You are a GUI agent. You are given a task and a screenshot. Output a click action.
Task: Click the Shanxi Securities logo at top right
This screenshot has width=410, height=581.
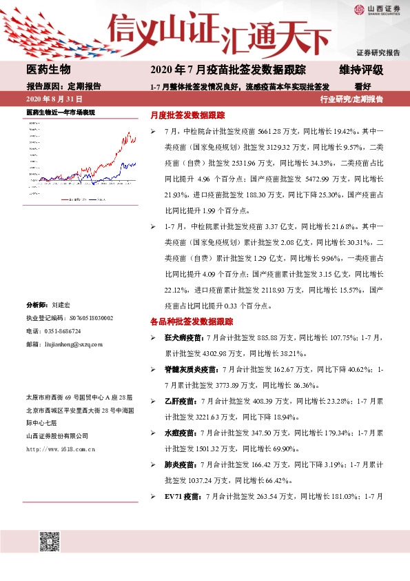point(376,10)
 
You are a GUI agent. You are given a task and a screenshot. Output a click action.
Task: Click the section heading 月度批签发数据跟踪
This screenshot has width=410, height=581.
point(187,115)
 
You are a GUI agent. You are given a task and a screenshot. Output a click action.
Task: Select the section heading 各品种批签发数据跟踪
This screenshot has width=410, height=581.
point(192,322)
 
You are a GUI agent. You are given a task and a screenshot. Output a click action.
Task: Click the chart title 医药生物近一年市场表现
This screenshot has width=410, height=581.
point(60,112)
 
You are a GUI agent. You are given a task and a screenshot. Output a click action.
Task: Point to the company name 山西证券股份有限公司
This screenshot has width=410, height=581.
point(57,435)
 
